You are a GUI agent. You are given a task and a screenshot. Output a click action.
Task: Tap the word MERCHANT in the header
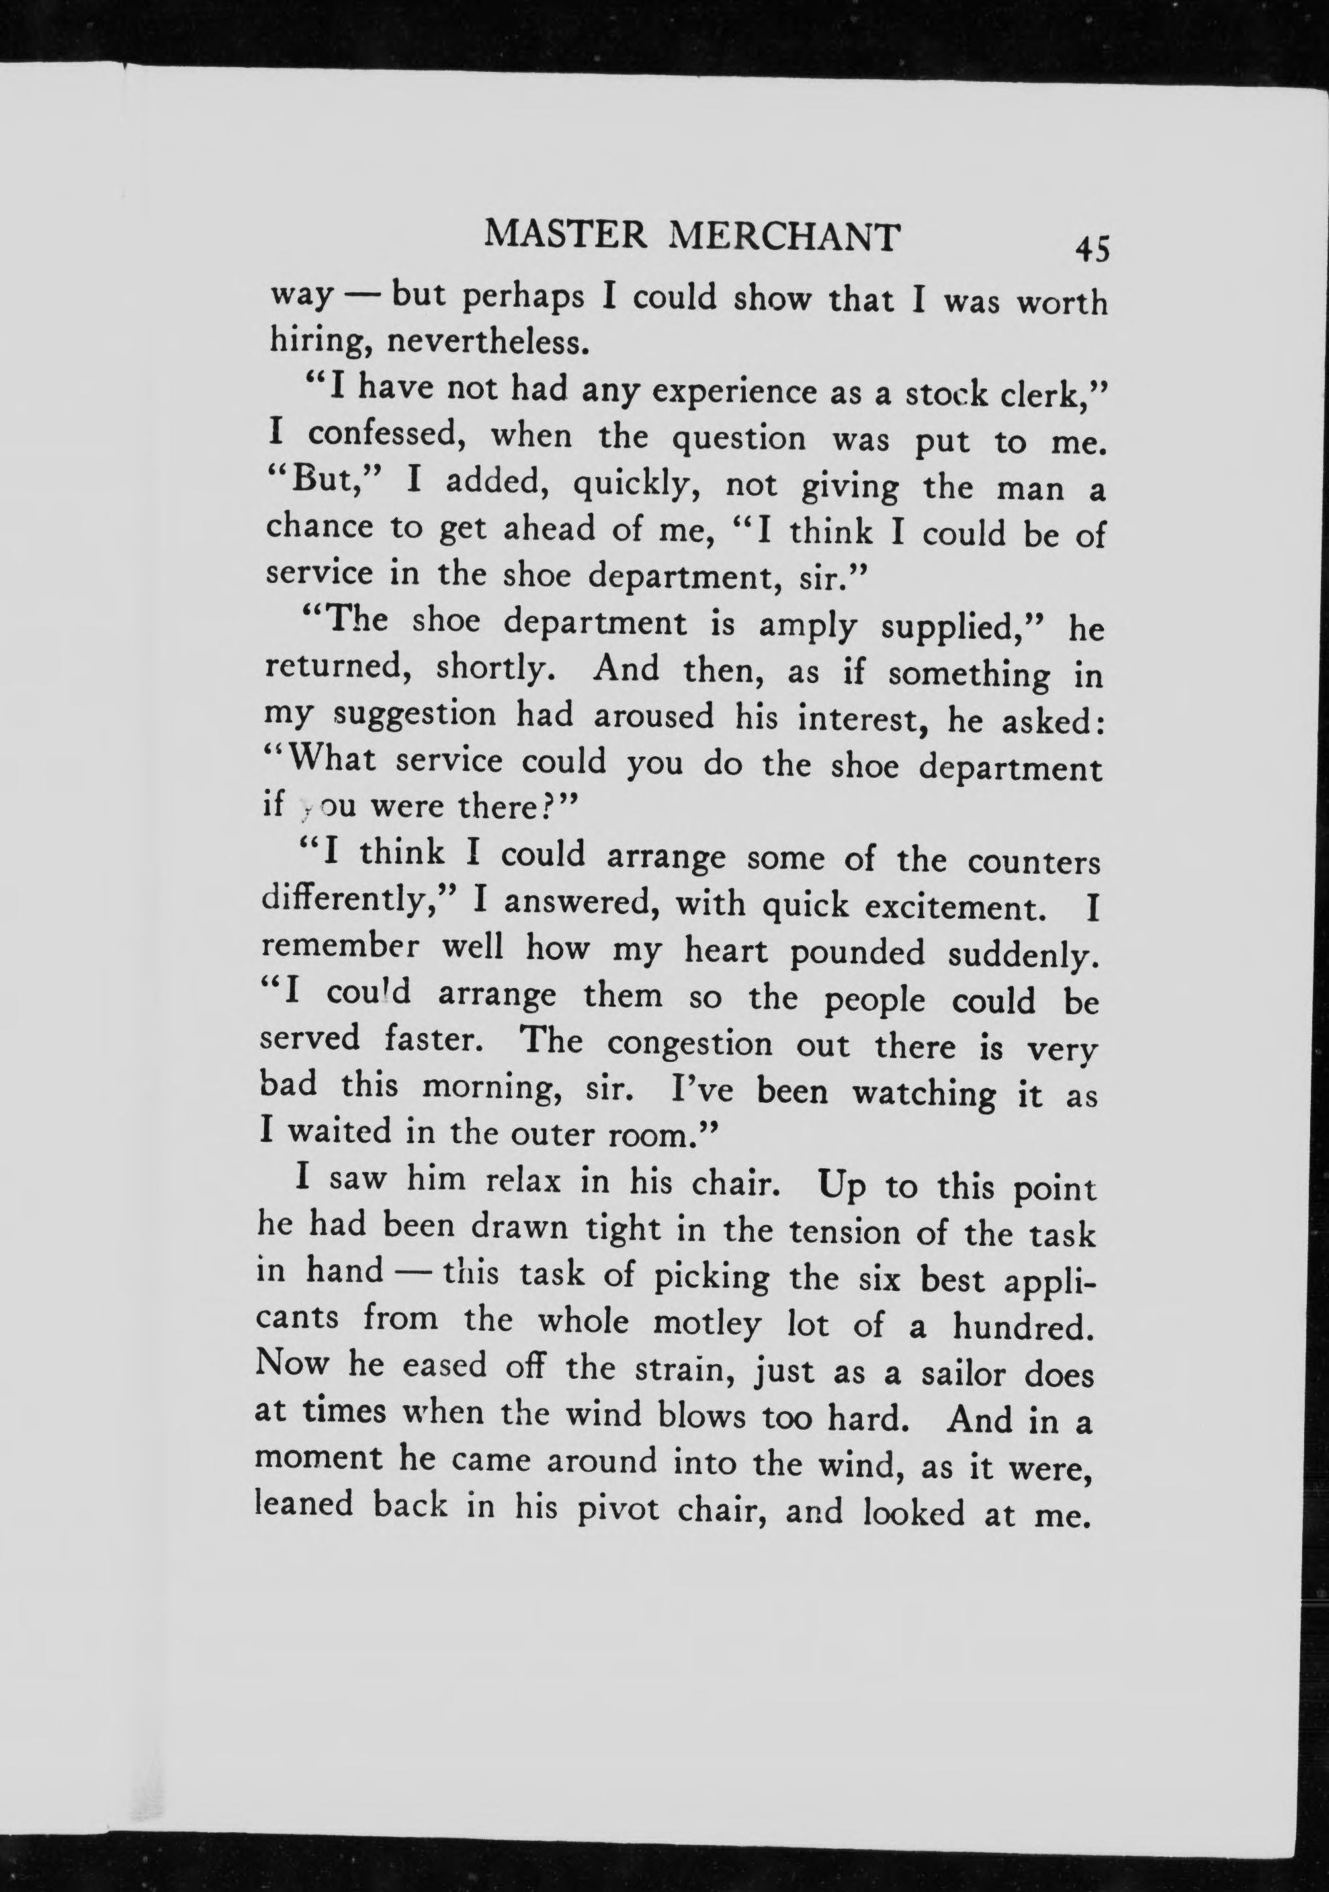point(783,238)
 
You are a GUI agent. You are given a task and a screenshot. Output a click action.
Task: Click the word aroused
point(654,715)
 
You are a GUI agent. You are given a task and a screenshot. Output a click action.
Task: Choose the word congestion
point(690,1044)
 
